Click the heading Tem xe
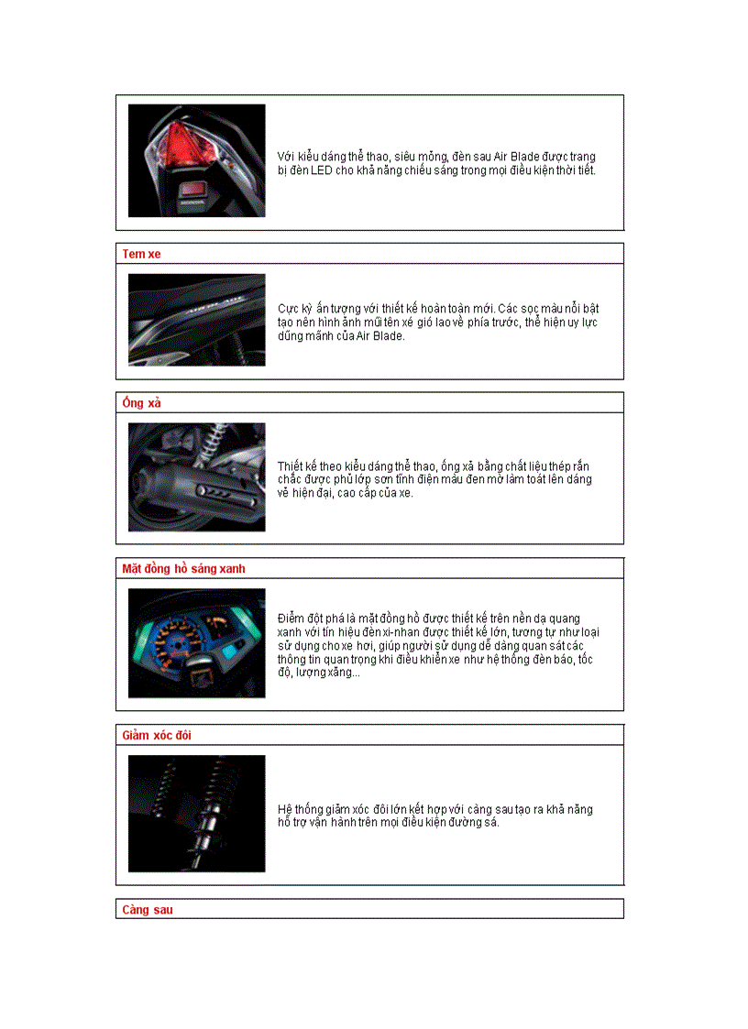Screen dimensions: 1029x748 click(141, 254)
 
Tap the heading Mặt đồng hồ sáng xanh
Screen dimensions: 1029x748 click(183, 569)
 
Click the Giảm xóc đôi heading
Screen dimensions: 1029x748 click(157, 736)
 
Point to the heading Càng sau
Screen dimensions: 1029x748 click(148, 910)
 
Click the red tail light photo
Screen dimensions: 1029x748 click(196, 160)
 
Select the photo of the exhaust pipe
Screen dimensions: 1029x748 click(196, 476)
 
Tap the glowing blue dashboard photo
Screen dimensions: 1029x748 click(196, 642)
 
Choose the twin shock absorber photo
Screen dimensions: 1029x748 click(196, 813)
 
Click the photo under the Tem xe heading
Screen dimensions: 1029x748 click(196, 320)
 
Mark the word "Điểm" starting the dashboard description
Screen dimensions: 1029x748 click(292, 618)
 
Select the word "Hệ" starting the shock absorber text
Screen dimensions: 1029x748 click(285, 809)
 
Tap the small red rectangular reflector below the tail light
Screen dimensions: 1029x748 click(193, 190)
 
